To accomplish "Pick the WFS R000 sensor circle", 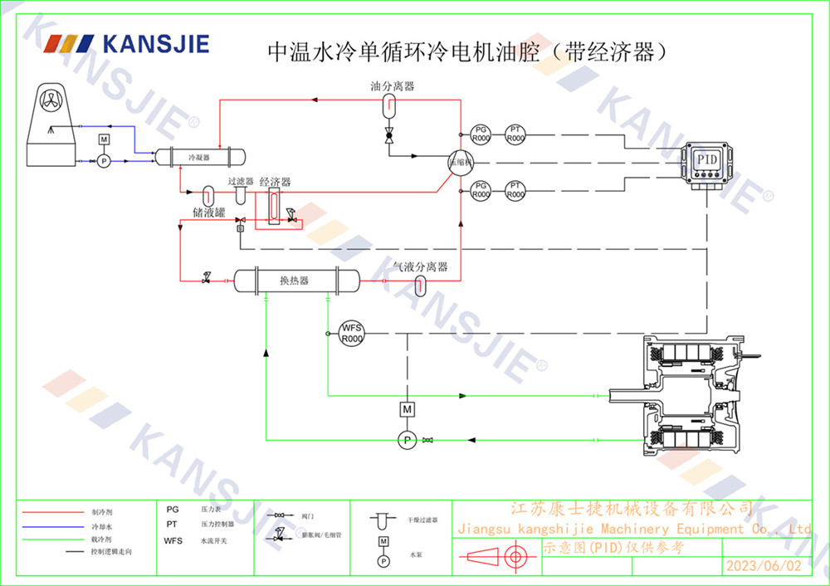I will pyautogui.click(x=353, y=334).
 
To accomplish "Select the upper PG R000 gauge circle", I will pyautogui.click(x=481, y=134).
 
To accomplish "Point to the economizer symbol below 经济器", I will pyautogui.click(x=274, y=206).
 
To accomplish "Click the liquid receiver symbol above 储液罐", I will pyautogui.click(x=208, y=193).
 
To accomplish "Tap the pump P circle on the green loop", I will pyautogui.click(x=407, y=439).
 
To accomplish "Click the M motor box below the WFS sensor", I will pyautogui.click(x=407, y=409).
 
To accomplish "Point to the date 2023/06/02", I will pyautogui.click(x=764, y=566).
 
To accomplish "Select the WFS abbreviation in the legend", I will pyautogui.click(x=173, y=540).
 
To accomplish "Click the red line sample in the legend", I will pyautogui.click(x=51, y=511).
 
